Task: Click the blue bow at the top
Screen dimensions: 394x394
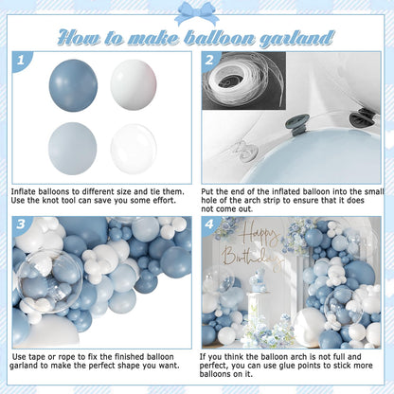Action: [x=197, y=12]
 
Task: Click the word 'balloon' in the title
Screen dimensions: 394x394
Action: [x=220, y=38]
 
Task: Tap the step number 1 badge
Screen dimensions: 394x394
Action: [x=21, y=60]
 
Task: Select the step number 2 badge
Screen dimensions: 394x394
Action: [x=209, y=60]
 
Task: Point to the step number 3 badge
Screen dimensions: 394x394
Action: [x=21, y=224]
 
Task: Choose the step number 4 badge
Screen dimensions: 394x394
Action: [x=209, y=224]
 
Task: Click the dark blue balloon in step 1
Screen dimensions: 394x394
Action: [x=73, y=85]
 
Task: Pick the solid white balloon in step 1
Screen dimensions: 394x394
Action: [x=134, y=85]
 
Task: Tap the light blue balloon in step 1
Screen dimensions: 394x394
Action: [x=73, y=149]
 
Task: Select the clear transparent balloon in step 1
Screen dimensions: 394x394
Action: [x=134, y=149]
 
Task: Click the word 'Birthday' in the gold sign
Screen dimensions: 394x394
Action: [x=251, y=259]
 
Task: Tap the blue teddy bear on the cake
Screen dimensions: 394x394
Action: [x=258, y=278]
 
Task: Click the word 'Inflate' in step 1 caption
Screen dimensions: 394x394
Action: [x=24, y=191]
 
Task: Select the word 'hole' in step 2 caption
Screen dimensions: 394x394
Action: [x=209, y=201]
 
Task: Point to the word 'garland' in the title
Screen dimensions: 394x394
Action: [x=296, y=39]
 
